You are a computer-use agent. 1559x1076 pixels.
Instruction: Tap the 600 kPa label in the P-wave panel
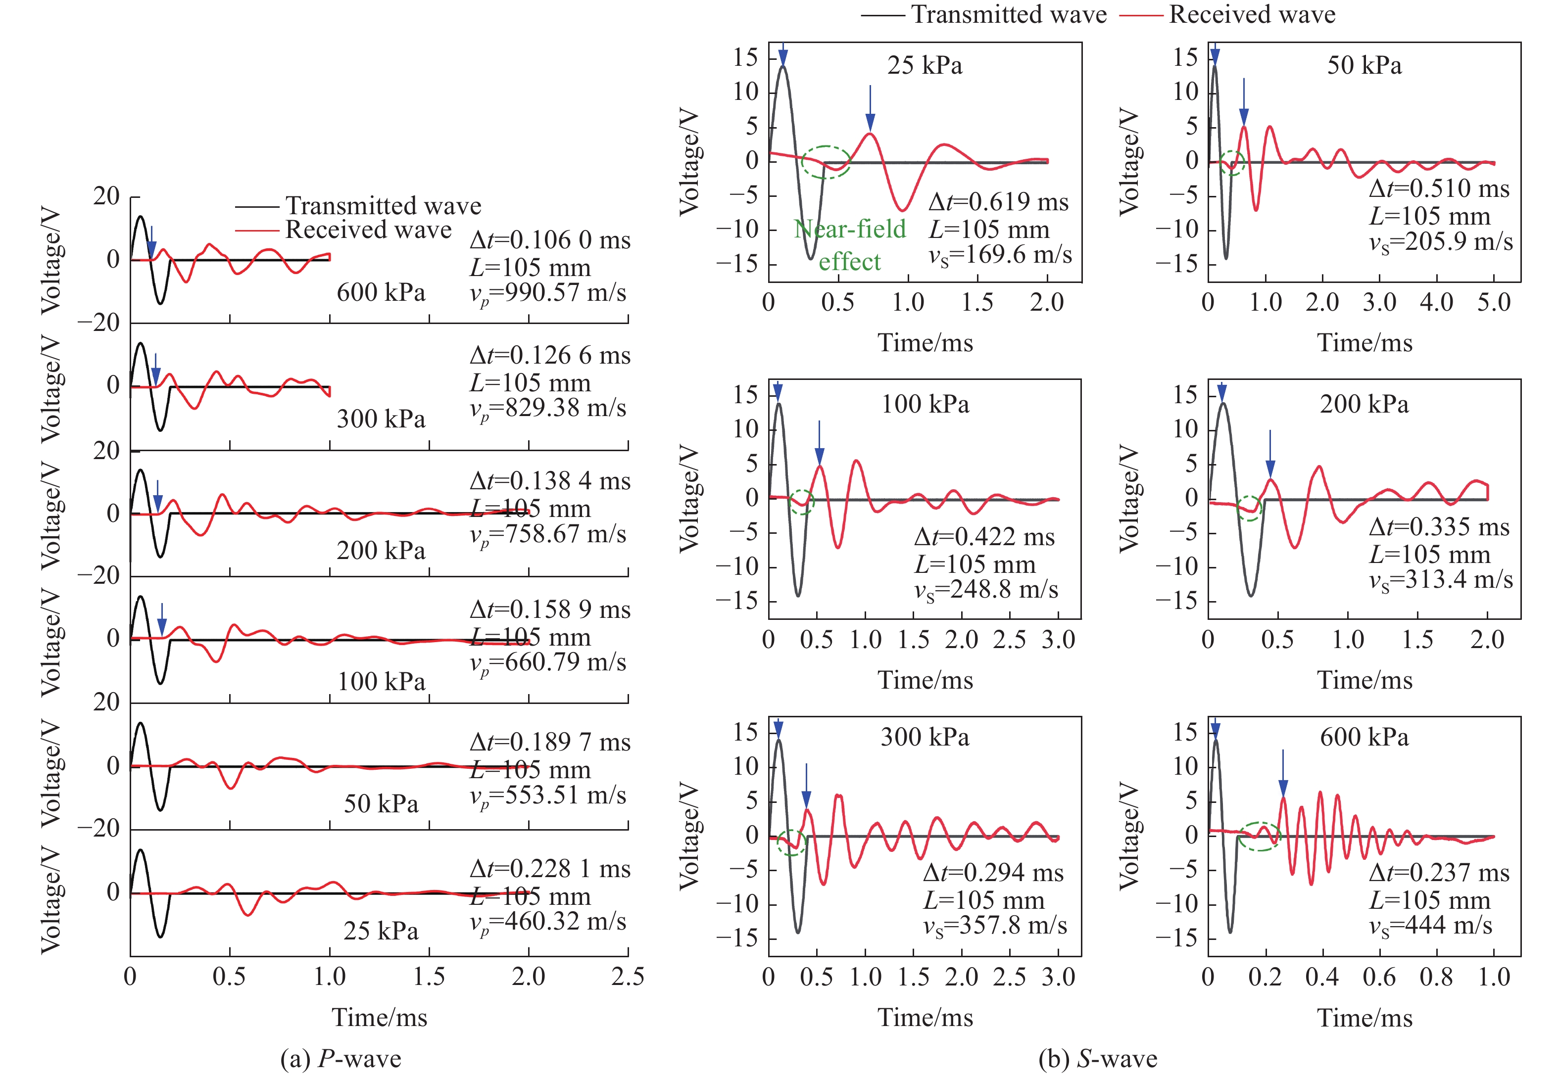tap(381, 292)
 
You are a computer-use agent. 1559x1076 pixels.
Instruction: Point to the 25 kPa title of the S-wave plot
tap(925, 65)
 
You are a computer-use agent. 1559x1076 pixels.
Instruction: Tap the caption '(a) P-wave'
tap(341, 1059)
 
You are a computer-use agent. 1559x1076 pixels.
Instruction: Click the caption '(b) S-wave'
tap(1098, 1059)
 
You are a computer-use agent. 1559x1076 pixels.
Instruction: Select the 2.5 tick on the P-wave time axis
tap(628, 976)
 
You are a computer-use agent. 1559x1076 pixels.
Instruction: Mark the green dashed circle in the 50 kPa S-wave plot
tap(1232, 163)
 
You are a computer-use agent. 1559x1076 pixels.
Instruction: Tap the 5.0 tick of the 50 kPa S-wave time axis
tap(1494, 302)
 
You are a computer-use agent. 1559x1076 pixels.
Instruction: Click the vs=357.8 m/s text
tap(995, 926)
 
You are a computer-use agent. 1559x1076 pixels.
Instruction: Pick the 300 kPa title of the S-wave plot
tap(925, 737)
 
